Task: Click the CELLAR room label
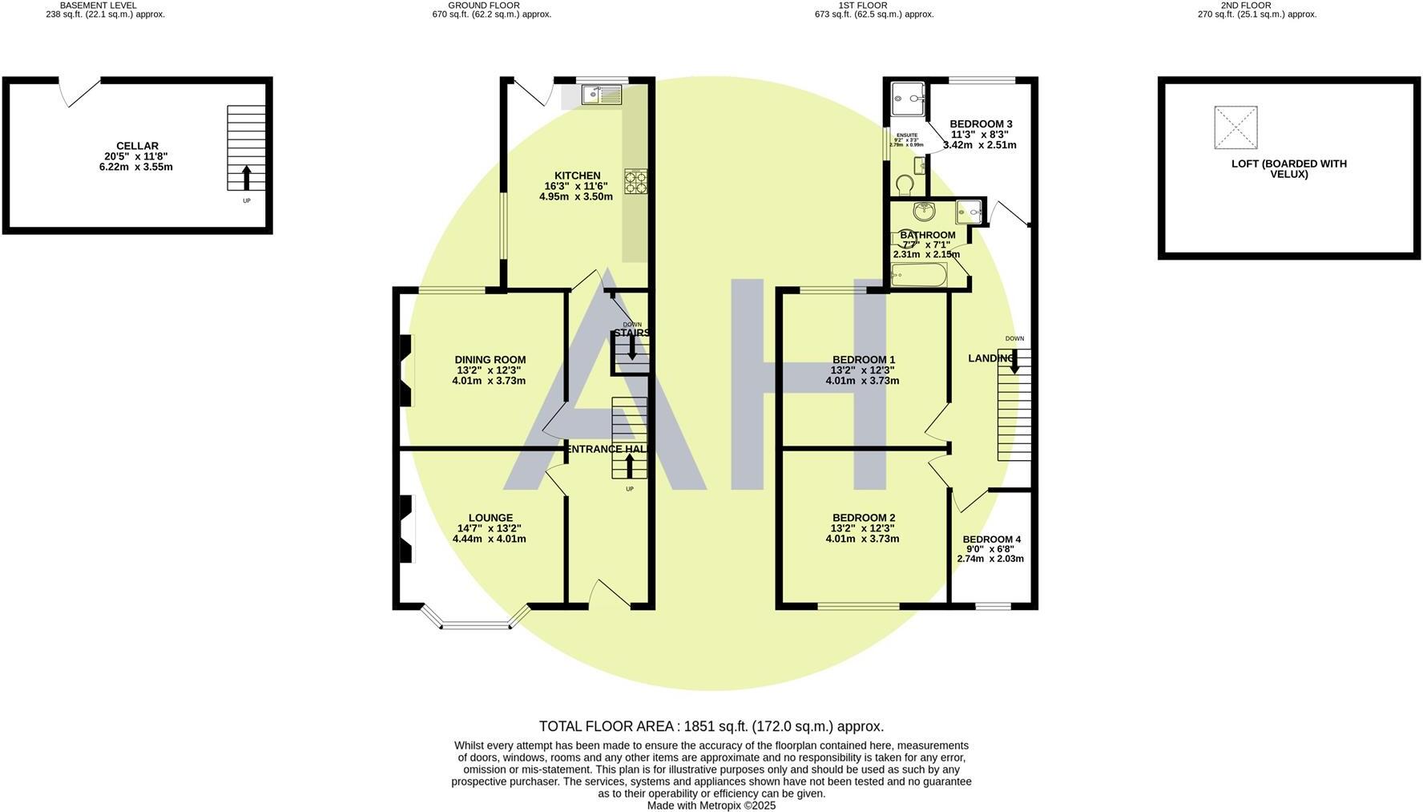pos(137,146)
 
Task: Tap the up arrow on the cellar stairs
pos(246,177)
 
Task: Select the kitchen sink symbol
pos(601,95)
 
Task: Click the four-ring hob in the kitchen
pos(636,181)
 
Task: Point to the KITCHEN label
pos(577,176)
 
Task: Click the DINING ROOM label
pos(490,360)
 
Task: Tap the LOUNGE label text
pos(490,518)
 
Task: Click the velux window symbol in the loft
pos(1236,128)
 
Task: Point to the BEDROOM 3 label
pos(981,123)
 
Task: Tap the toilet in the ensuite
pos(905,185)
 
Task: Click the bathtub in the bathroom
pos(919,276)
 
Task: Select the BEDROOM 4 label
pos(991,539)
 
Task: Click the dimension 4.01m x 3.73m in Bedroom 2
pos(862,539)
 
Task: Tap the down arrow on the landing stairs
pos(1014,362)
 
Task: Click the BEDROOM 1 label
pos(863,360)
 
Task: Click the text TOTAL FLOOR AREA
pos(607,726)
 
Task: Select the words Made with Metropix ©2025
pos(711,806)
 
